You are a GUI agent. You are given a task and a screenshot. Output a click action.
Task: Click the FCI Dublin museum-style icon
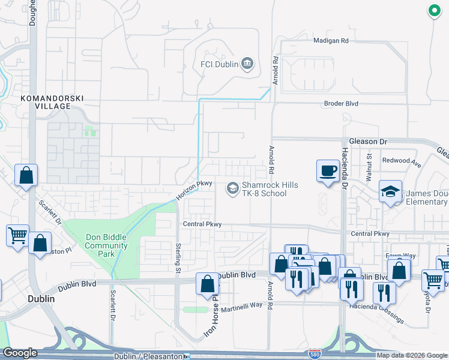(x=247, y=64)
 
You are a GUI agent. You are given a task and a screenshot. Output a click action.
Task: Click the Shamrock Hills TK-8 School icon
(x=232, y=189)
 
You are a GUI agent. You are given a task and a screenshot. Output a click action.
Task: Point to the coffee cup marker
(x=328, y=171)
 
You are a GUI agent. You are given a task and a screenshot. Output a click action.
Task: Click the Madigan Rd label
(x=331, y=41)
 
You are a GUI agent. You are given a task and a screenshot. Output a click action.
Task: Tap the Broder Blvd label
(x=341, y=103)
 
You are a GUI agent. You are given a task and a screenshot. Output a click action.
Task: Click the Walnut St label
(x=370, y=167)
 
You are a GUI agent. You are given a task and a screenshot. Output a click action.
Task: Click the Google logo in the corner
(x=20, y=353)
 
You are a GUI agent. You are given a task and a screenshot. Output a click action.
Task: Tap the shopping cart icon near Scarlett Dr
(x=17, y=235)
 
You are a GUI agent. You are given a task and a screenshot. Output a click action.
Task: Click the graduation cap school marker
(x=390, y=192)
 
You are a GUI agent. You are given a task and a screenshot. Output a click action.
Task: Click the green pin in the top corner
(x=433, y=10)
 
